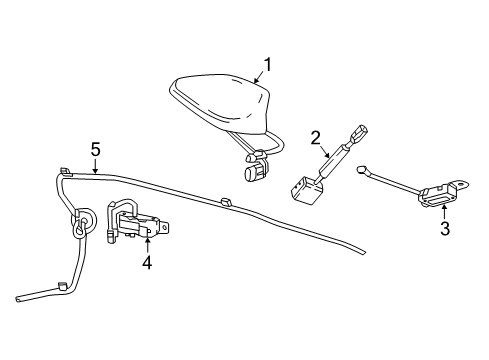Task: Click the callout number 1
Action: (x=268, y=67)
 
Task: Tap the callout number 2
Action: (x=314, y=137)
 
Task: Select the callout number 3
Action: (x=445, y=229)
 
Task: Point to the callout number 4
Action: (x=147, y=262)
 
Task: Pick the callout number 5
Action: (x=96, y=150)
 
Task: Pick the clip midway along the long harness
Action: (x=223, y=203)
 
